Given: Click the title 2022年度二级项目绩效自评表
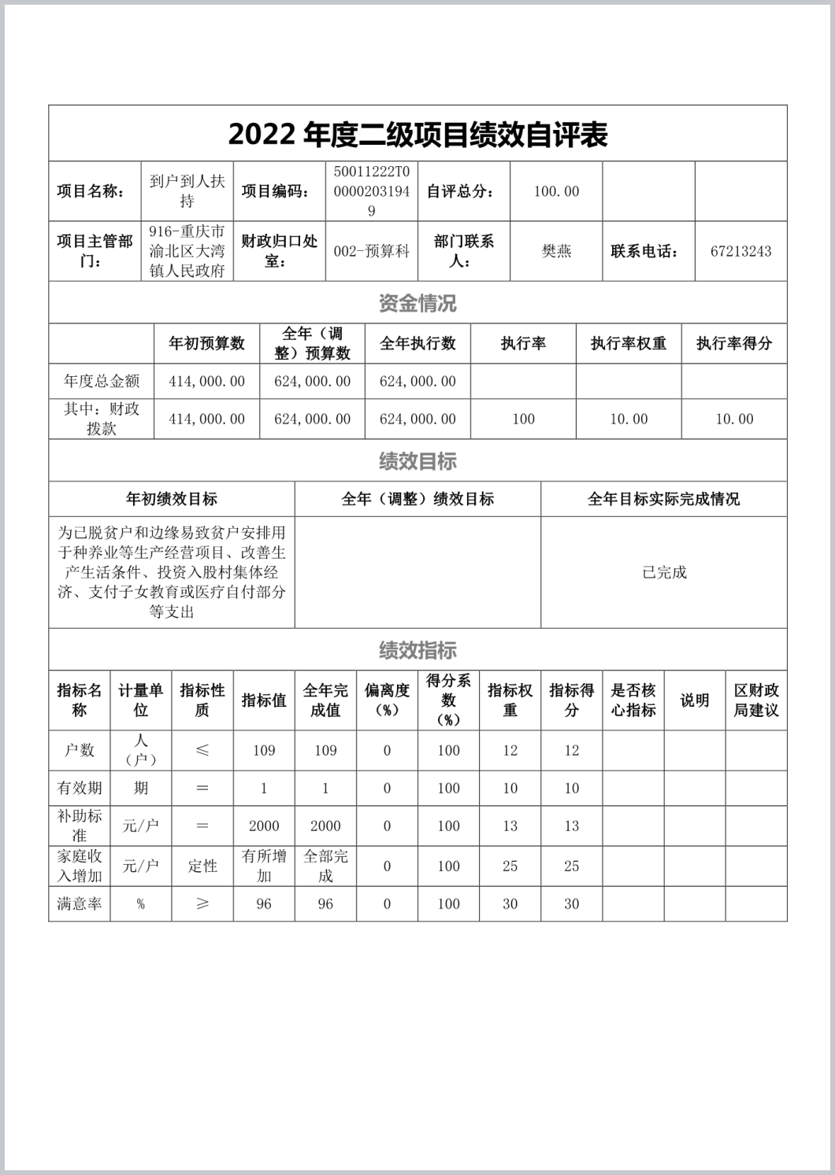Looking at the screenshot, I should tap(417, 135).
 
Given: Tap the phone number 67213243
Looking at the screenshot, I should tap(740, 252).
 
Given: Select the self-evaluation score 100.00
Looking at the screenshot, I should tap(556, 191).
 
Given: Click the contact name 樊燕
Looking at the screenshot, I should tap(556, 252).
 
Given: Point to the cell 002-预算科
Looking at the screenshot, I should tap(372, 252).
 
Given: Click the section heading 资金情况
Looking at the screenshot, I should tap(417, 303).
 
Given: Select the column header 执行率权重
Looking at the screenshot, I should tap(629, 343).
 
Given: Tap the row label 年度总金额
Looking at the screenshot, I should tap(102, 382).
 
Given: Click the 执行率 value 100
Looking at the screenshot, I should tap(523, 419).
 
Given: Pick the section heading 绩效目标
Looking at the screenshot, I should tap(417, 461).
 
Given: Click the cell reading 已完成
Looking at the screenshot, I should tap(664, 573).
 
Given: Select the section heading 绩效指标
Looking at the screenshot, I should tap(417, 650).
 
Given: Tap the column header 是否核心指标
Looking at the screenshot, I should tap(633, 700).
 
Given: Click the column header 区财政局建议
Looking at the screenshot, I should tap(756, 700).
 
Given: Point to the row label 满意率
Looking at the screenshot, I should tap(80, 904).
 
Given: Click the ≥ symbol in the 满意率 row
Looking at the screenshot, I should tap(202, 904).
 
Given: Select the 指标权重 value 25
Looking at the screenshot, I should tap(510, 866).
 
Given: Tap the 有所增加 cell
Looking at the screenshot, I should tap(264, 866).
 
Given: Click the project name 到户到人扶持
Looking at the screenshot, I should tap(187, 191).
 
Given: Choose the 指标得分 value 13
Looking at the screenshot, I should tap(572, 826).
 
